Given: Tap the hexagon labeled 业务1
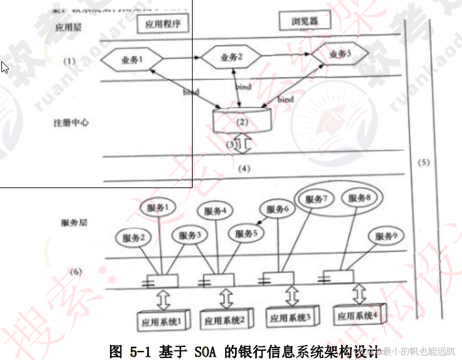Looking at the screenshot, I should coord(131,61).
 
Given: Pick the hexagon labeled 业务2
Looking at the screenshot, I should coord(231,58).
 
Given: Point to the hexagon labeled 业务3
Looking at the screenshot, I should coord(339,55).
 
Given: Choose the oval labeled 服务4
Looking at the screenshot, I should coord(215,211).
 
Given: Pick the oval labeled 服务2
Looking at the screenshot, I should coord(132,238).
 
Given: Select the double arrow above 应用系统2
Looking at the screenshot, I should coord(227,299).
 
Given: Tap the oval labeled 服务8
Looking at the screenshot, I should coord(359,198).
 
